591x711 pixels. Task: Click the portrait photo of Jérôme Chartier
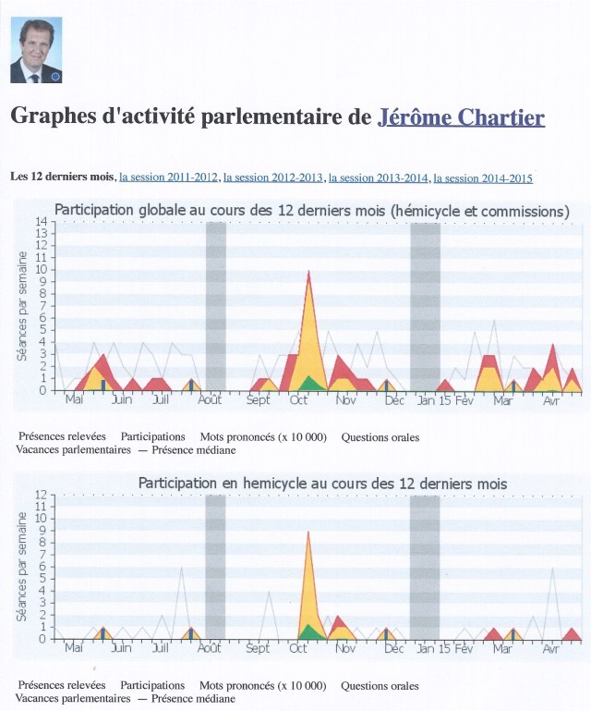point(36,50)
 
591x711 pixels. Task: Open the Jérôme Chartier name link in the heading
point(461,117)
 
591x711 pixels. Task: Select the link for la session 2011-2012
point(168,178)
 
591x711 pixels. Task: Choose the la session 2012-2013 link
point(272,178)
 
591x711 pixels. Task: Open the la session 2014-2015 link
point(482,178)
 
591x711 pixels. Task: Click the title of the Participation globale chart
point(312,211)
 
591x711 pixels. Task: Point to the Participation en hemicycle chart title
point(322,484)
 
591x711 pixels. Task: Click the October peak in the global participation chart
point(308,272)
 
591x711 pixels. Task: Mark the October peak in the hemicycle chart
point(308,533)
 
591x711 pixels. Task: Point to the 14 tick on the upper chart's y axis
point(41,222)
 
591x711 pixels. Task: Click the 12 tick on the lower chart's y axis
point(41,496)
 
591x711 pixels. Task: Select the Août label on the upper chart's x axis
point(211,400)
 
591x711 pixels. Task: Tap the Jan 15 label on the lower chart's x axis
point(433,649)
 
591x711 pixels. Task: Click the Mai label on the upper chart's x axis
point(74,400)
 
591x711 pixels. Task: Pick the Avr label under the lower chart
point(551,649)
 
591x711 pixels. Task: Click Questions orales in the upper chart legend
point(380,437)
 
